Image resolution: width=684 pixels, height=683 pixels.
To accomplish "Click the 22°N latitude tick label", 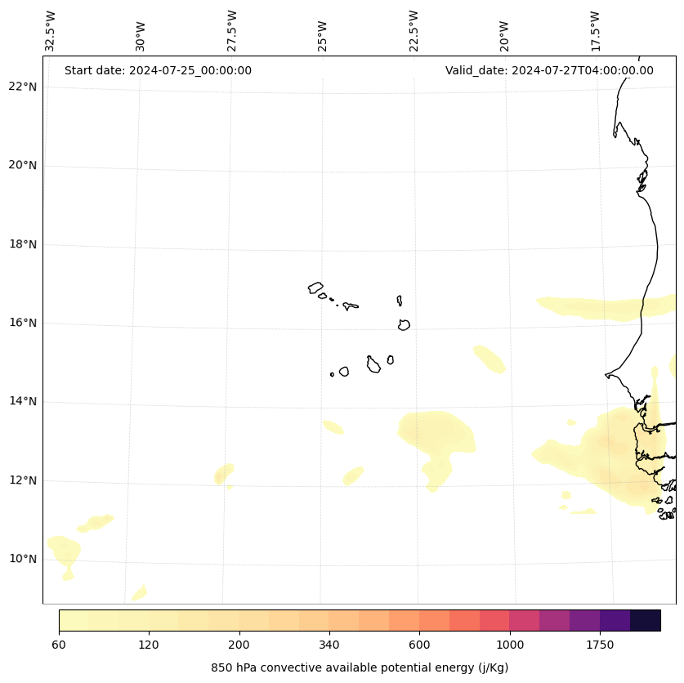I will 22,87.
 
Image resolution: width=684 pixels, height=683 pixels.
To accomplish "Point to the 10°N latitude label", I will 22,560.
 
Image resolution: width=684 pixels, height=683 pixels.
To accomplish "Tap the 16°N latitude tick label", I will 22,324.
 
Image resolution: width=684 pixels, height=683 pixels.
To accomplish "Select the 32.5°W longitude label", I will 51,31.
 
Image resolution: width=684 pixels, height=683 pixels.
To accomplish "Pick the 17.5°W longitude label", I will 596,31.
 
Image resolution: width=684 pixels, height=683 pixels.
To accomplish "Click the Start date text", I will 158,70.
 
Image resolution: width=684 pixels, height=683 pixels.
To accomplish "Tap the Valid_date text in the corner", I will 549,70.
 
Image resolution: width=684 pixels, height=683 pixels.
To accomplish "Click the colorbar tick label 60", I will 59,645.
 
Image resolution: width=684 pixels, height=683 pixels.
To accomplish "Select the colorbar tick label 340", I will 329,645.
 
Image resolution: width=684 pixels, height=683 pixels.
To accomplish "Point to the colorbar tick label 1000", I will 510,645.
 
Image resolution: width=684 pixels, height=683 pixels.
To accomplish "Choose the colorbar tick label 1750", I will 600,645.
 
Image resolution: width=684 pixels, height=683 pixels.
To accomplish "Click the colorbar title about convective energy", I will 360,667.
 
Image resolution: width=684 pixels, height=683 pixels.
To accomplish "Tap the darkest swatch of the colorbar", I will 646,620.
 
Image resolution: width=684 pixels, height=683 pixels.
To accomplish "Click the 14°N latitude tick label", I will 22,402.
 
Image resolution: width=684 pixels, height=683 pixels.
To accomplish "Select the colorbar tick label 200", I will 239,645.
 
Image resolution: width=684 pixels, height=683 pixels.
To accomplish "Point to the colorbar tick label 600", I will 419,645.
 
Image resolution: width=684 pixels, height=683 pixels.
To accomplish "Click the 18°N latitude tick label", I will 22,245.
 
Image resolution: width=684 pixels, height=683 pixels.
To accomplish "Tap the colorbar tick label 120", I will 149,645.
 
